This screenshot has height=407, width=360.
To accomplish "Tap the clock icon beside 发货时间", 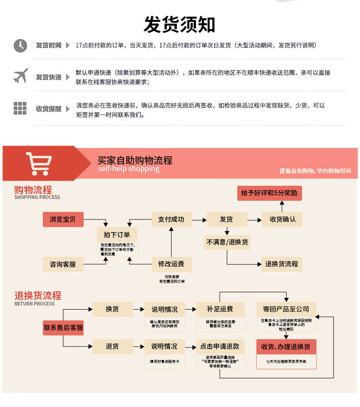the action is pos(20,45).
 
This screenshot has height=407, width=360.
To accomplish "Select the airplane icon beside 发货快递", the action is pos(20,76).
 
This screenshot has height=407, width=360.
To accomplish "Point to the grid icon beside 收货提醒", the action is pos(20,108).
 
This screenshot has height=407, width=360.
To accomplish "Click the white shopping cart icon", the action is pos(39,163).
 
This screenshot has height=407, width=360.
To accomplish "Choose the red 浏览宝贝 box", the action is pos(63,219).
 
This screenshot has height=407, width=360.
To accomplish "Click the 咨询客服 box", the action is pos(63,264).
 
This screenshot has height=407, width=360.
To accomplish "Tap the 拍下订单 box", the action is pos(117,234).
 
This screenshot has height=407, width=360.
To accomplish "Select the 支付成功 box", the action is pos(171,219).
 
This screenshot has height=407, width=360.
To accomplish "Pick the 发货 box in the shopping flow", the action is pos(226,219).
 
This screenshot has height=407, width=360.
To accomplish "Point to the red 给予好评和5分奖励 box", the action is pos(269,193).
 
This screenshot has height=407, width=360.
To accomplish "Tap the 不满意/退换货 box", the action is pos(227,242).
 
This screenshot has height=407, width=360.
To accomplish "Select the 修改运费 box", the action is pos(171,264).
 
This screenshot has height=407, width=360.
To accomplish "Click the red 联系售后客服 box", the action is pos(63,327).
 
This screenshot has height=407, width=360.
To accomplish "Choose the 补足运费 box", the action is pos(220,309).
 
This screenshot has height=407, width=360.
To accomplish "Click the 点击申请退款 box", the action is pos(220,346).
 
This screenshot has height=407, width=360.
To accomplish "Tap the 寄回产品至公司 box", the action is pos(286,309).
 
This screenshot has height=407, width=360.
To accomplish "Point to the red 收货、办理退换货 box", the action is pos(286,347).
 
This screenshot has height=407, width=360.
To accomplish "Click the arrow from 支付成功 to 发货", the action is pos(199,219).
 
